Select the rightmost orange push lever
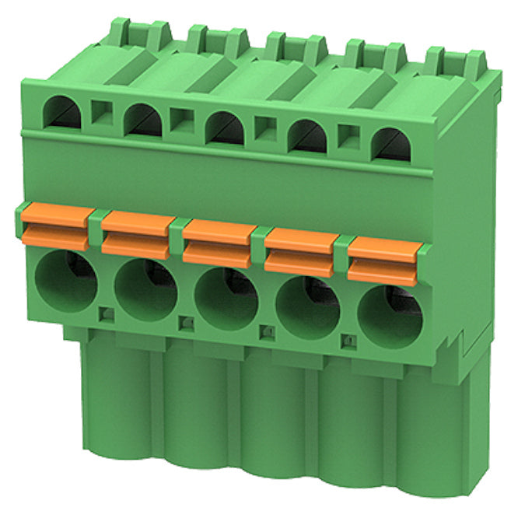[x=383, y=257]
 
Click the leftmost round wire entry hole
[x=65, y=280]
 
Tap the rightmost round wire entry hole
[x=390, y=316]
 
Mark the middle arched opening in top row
[x=225, y=128]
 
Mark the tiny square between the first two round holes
[x=107, y=313]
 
